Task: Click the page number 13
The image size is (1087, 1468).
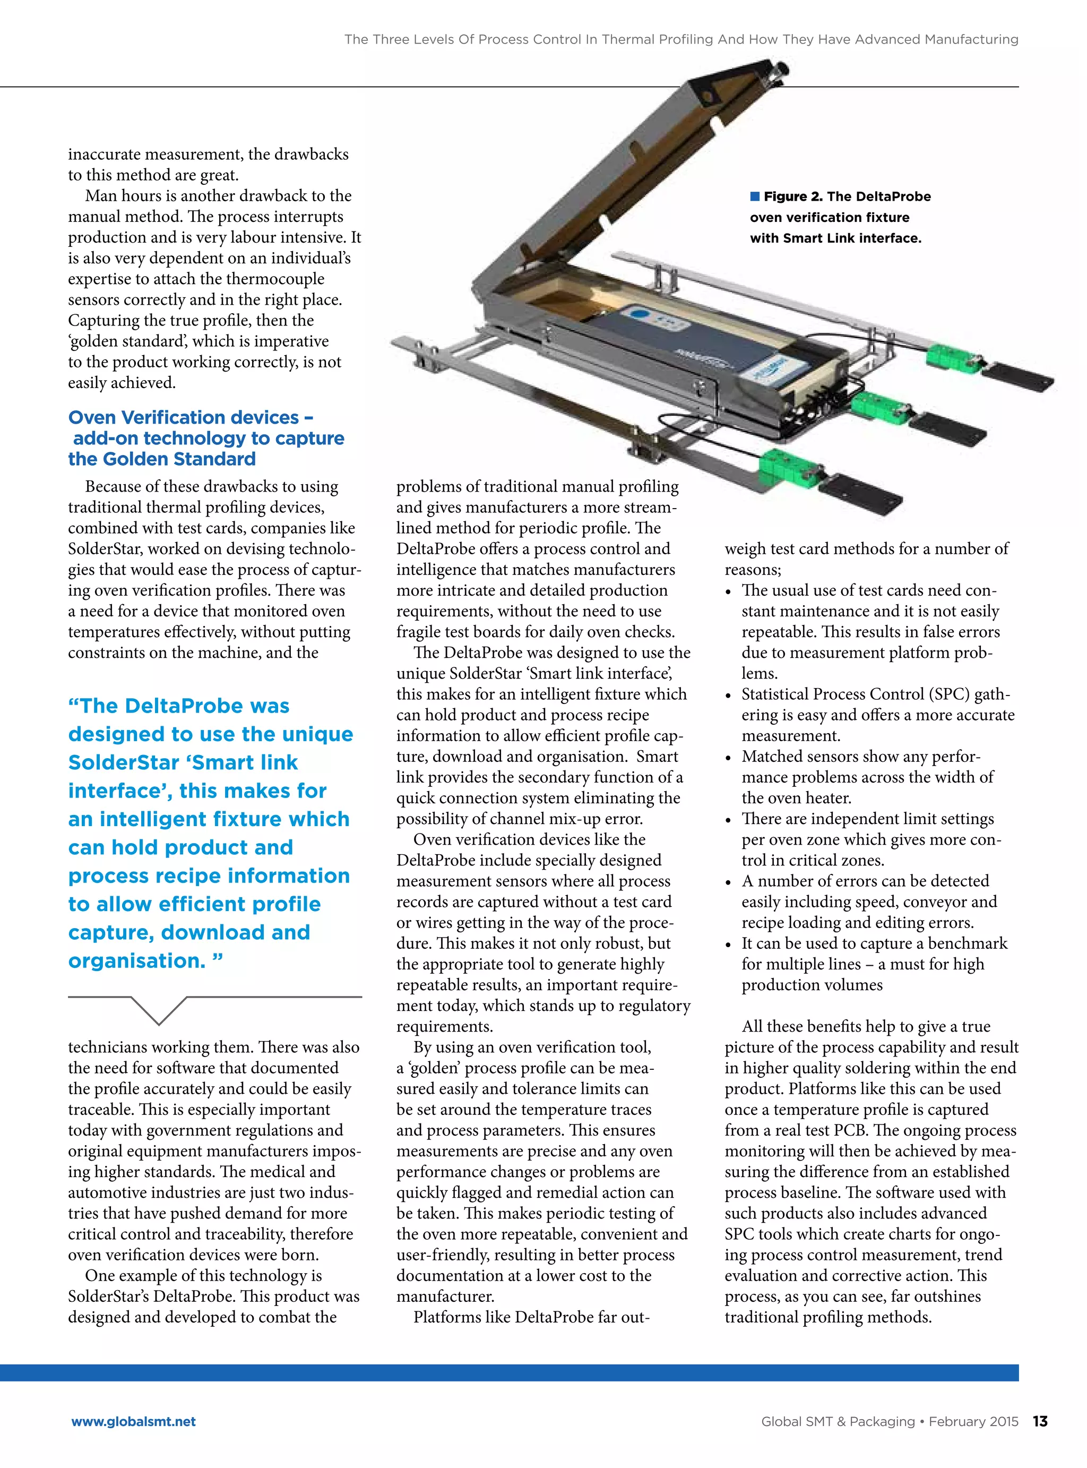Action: click(x=1040, y=1421)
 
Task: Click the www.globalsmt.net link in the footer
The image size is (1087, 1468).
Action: click(x=134, y=1421)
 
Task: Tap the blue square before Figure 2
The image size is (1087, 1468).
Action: click(x=755, y=196)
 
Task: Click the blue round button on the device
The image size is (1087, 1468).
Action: click(x=637, y=314)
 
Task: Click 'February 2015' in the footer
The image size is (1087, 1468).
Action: click(x=973, y=1421)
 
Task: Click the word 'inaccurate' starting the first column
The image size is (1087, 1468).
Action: click(x=105, y=154)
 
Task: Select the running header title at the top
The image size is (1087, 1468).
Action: click(x=681, y=39)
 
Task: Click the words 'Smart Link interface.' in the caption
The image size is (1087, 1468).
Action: click(x=835, y=238)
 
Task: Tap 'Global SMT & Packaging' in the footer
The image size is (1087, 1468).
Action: click(x=837, y=1421)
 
